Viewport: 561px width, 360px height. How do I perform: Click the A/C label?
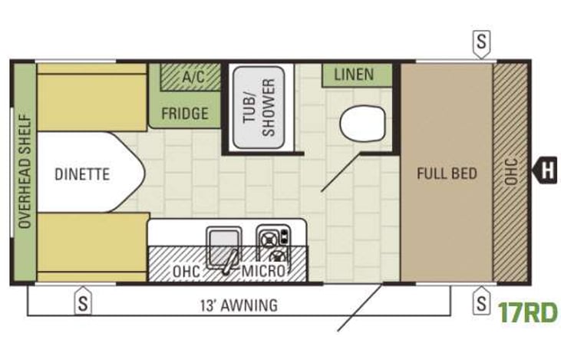tap(191, 77)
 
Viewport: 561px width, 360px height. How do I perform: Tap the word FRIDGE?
tap(184, 114)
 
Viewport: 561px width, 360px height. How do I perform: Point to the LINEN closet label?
tap(354, 74)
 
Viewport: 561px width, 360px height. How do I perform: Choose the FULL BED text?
tap(447, 173)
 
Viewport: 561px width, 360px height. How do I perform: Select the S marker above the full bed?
tap(481, 41)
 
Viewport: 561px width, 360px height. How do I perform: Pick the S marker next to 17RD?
tap(481, 303)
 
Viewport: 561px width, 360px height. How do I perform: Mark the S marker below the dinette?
tap(82, 303)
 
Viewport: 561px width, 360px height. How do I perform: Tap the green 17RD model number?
tap(526, 313)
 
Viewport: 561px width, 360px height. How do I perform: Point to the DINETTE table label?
tap(82, 174)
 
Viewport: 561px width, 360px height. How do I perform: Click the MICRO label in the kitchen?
tap(263, 272)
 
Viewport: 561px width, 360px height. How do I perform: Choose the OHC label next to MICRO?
tap(186, 272)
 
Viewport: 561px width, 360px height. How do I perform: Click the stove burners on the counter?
tap(273, 243)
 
